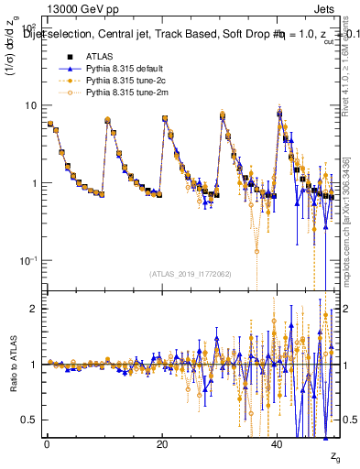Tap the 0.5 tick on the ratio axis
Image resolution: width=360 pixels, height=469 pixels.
pos(29,420)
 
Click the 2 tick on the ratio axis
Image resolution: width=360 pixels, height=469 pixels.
pos(34,309)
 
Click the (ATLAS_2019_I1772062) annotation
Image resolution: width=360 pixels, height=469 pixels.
pos(191,274)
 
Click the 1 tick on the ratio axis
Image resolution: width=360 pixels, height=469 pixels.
pos(34,365)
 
